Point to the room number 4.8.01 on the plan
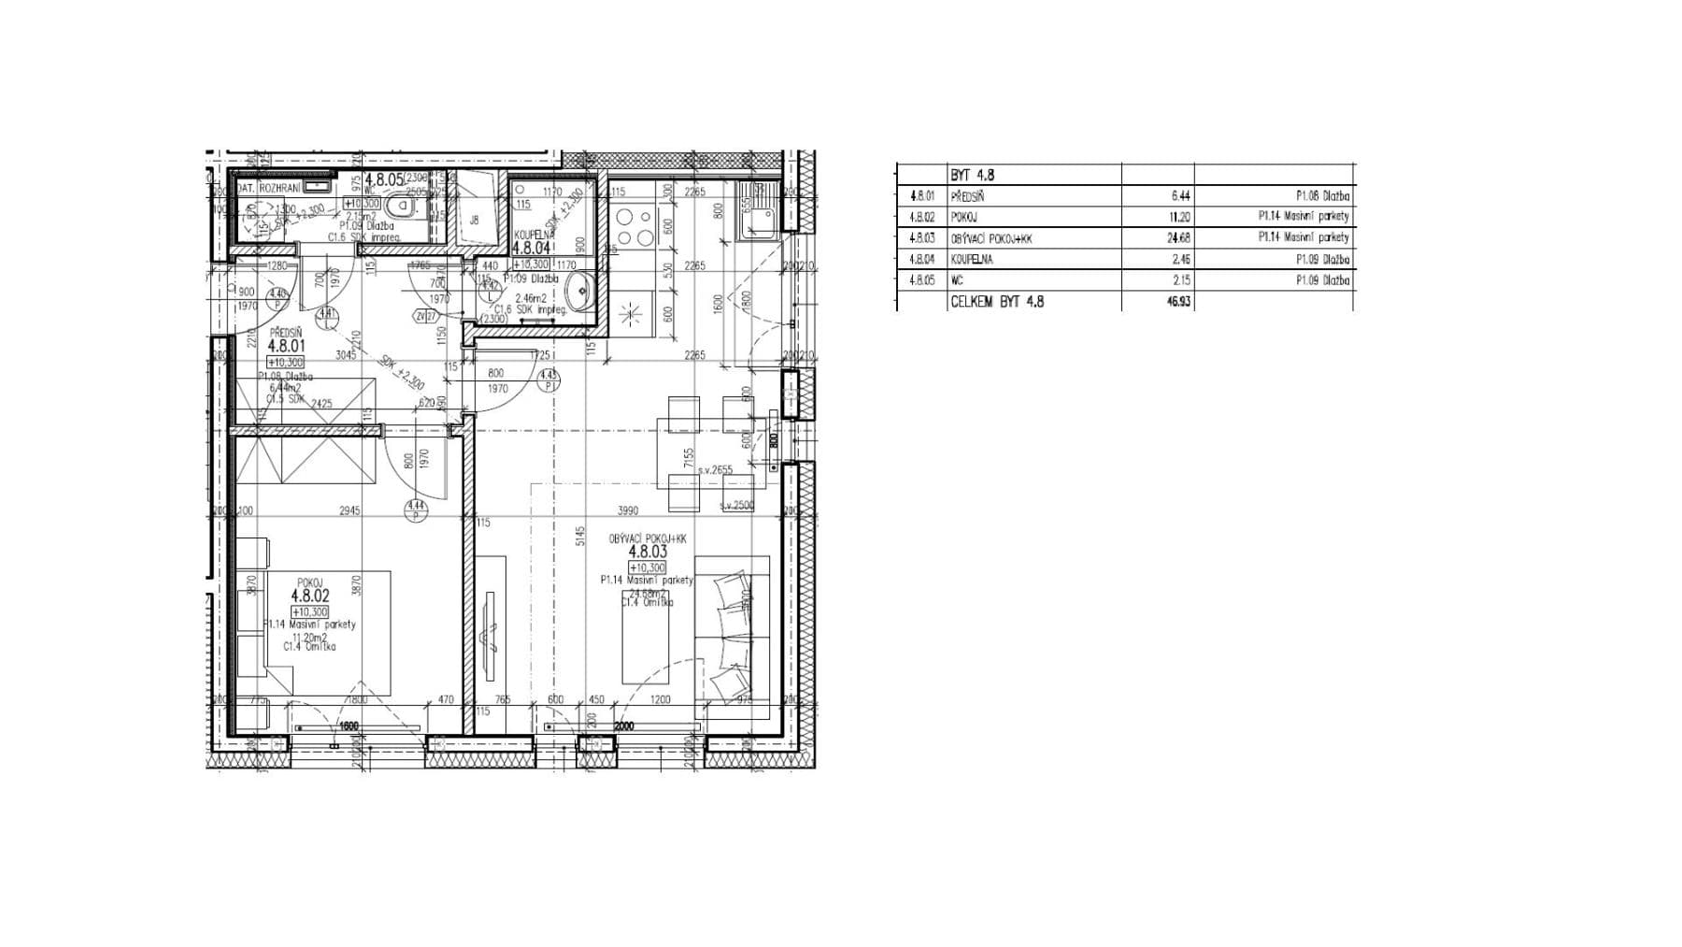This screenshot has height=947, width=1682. (286, 346)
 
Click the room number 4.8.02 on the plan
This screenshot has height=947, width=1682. (310, 595)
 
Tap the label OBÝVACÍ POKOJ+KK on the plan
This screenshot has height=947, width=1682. (648, 539)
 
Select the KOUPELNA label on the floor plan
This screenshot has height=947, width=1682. (534, 235)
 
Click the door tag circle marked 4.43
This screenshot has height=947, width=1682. (548, 380)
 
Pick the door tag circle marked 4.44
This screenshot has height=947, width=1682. (415, 509)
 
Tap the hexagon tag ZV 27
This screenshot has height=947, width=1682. (426, 316)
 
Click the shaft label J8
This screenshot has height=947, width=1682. (474, 221)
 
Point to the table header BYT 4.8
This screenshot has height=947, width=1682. (972, 175)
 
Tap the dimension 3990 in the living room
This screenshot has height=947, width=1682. (628, 510)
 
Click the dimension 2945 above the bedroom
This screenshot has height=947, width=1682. (349, 510)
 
